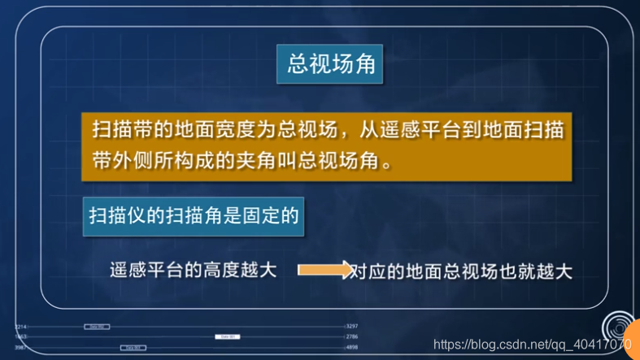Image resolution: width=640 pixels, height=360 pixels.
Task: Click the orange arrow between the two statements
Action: pos(324,270)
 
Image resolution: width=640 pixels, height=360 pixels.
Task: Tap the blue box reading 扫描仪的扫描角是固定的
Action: pos(194,215)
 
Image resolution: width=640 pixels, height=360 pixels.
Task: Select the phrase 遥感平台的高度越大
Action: pos(194,270)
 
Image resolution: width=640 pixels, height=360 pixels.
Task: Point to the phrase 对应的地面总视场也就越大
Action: pos(461,271)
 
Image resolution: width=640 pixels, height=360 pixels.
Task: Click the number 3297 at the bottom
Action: pos(352,326)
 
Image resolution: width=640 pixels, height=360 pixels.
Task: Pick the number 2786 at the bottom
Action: pos(352,336)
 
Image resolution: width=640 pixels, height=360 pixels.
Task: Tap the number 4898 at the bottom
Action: pos(352,347)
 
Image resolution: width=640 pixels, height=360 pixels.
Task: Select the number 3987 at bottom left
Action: pos(20,347)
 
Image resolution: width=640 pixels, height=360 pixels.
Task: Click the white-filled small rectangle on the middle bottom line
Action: pos(227,336)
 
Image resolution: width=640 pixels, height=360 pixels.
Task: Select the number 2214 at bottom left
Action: pos(20,326)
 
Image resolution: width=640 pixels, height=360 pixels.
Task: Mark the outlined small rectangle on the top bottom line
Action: pos(97,327)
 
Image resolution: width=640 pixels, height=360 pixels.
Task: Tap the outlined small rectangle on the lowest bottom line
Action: pos(133,347)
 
